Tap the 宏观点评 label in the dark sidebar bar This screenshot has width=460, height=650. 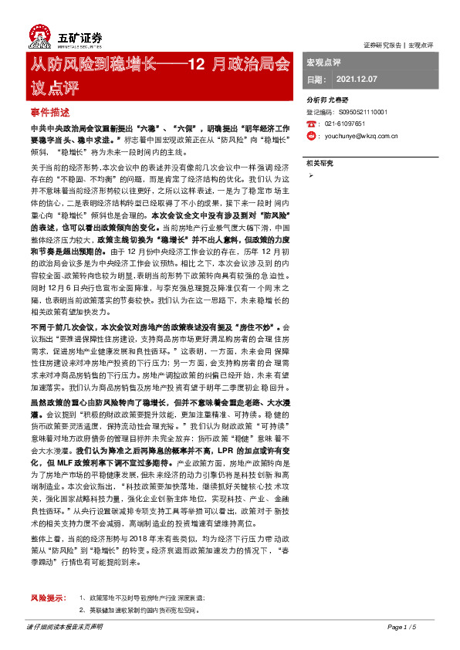pyautogui.click(x=324, y=62)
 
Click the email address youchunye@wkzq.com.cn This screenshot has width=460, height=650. pyautogui.click(x=361, y=136)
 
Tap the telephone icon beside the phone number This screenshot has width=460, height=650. pyautogui.click(x=310, y=124)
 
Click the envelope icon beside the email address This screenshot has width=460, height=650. pyautogui.click(x=310, y=136)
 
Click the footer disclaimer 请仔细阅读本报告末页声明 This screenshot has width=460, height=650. pyautogui.click(x=64, y=627)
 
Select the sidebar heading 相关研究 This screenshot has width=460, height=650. pyautogui.click(x=320, y=163)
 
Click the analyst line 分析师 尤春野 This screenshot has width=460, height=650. pyautogui.click(x=327, y=100)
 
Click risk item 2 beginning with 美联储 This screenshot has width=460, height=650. pyautogui.click(x=143, y=610)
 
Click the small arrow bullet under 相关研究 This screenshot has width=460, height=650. pyautogui.click(x=310, y=177)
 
